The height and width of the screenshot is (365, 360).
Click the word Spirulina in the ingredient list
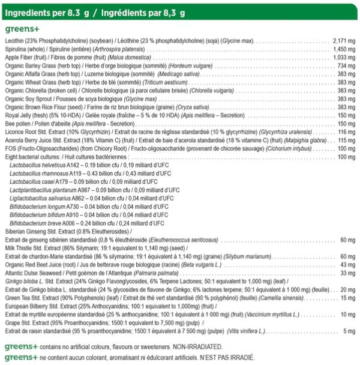click(17, 49)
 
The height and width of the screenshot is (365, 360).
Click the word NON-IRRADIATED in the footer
click(184, 347)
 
